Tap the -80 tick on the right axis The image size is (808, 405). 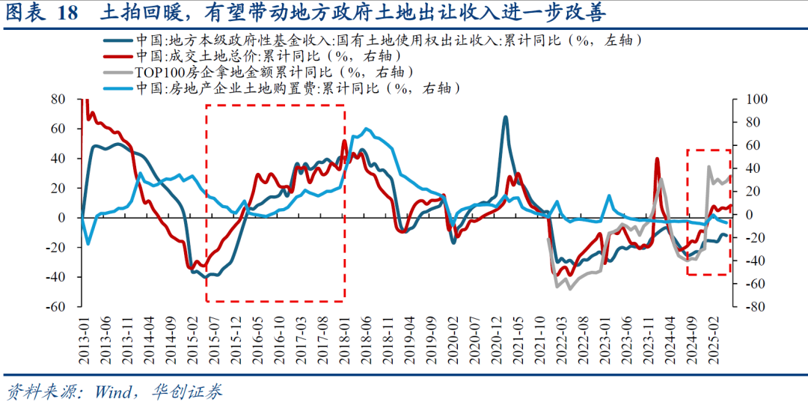point(749,306)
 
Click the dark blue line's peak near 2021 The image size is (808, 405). point(506,118)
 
